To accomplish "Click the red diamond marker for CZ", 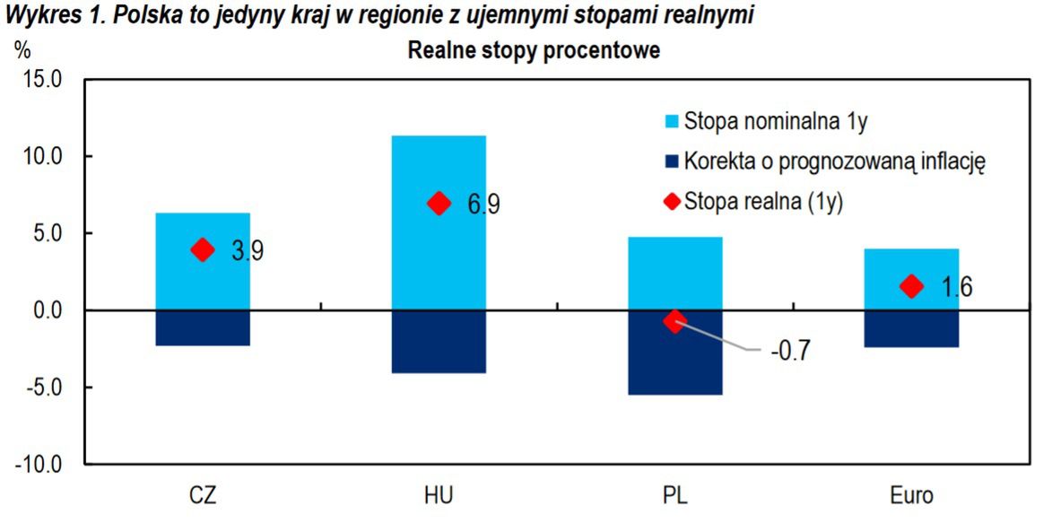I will (203, 249).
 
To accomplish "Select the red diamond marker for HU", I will (439, 203).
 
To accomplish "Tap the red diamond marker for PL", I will (674, 320).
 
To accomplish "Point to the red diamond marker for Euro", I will (911, 286).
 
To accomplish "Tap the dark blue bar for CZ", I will (203, 328).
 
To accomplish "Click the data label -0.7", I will (790, 351).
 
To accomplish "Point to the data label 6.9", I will (483, 205).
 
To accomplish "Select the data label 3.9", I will (247, 251).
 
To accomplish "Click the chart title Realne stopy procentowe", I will (534, 51).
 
